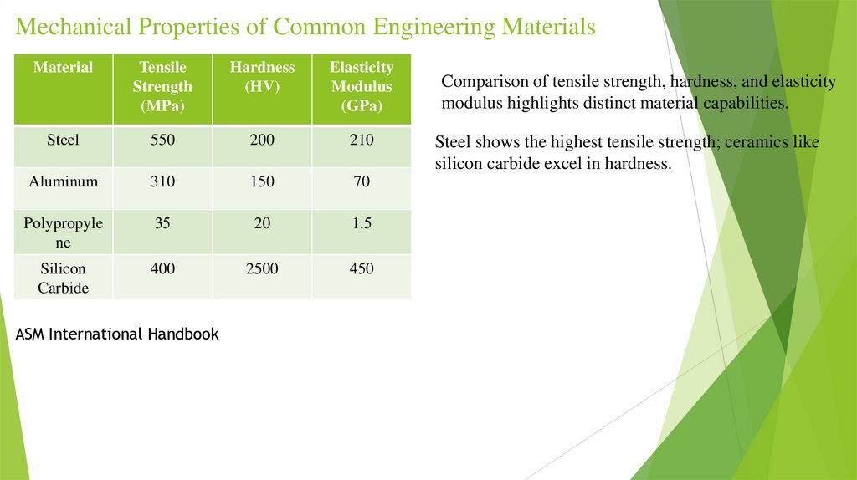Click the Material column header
(63, 67)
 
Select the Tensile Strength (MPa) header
(163, 86)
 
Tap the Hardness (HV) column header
(262, 77)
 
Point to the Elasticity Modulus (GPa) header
(362, 86)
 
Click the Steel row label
(63, 140)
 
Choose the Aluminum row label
(63, 181)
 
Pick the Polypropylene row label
(63, 232)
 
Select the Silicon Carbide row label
(63, 278)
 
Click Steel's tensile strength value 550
(162, 140)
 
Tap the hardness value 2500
(262, 269)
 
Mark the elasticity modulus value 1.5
(362, 223)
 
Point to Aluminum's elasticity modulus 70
(362, 181)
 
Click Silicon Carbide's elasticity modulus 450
(362, 269)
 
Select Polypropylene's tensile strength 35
(162, 223)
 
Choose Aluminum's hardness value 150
(262, 181)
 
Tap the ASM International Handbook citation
(117, 334)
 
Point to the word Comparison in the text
(480, 82)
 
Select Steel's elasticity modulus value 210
(362, 140)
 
